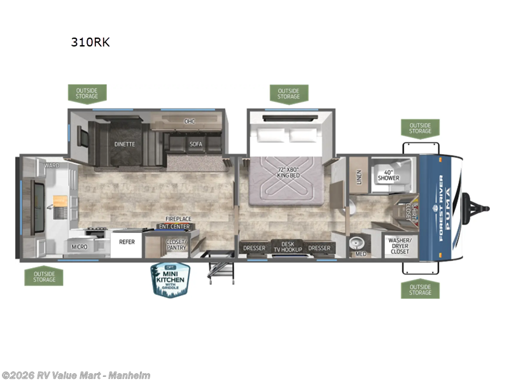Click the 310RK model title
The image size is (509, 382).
(90, 44)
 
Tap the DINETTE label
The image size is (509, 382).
(125, 144)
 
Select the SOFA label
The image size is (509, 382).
(195, 144)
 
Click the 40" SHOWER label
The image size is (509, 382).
(388, 175)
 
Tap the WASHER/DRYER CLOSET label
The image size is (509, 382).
(399, 244)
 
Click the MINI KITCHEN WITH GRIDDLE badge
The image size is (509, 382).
(171, 279)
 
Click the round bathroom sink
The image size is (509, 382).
(357, 244)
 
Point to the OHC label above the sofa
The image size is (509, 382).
(190, 121)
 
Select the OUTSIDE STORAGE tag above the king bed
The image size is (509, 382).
(288, 94)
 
